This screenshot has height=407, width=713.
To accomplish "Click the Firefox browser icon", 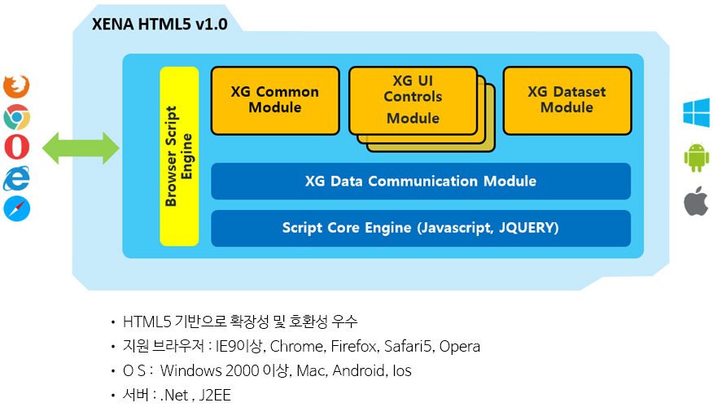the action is tap(16, 86).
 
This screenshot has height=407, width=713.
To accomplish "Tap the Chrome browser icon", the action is tap(17, 117).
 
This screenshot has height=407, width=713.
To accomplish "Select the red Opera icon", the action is tap(17, 147).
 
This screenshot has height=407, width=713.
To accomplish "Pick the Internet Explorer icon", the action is tap(16, 178).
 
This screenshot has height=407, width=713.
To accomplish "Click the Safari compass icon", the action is tap(17, 208).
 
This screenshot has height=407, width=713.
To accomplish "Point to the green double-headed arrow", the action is tap(81, 148).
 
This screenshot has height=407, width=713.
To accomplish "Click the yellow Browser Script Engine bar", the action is tap(179, 156).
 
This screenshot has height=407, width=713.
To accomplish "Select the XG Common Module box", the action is tap(275, 100).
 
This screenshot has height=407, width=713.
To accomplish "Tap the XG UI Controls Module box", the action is tap(413, 100).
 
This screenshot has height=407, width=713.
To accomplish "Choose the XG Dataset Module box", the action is tap(567, 100).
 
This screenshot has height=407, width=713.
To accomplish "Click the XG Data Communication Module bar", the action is tap(421, 181).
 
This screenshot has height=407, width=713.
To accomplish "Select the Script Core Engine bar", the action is tap(421, 228).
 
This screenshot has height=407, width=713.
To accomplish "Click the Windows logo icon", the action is tap(696, 112).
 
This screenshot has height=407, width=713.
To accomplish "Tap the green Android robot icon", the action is tap(696, 157).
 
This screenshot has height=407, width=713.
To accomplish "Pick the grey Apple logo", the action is tap(696, 200).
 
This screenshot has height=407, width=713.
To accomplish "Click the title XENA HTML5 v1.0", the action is tap(160, 24).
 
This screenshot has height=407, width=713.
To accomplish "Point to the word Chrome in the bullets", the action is tap(297, 347).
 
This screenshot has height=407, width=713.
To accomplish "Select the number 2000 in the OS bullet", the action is tap(242, 370).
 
